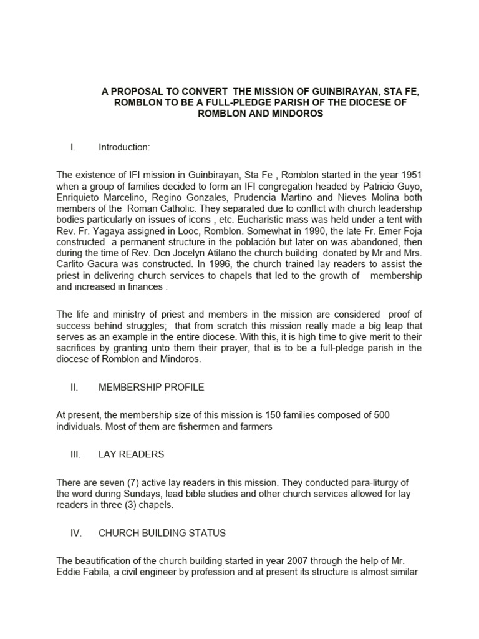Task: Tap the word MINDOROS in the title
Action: (x=294, y=115)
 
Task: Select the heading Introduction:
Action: (x=124, y=147)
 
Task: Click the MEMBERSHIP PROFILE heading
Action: (x=152, y=387)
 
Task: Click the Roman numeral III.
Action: (x=74, y=454)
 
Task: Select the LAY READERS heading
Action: (x=132, y=454)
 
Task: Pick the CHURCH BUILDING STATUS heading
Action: (x=162, y=533)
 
